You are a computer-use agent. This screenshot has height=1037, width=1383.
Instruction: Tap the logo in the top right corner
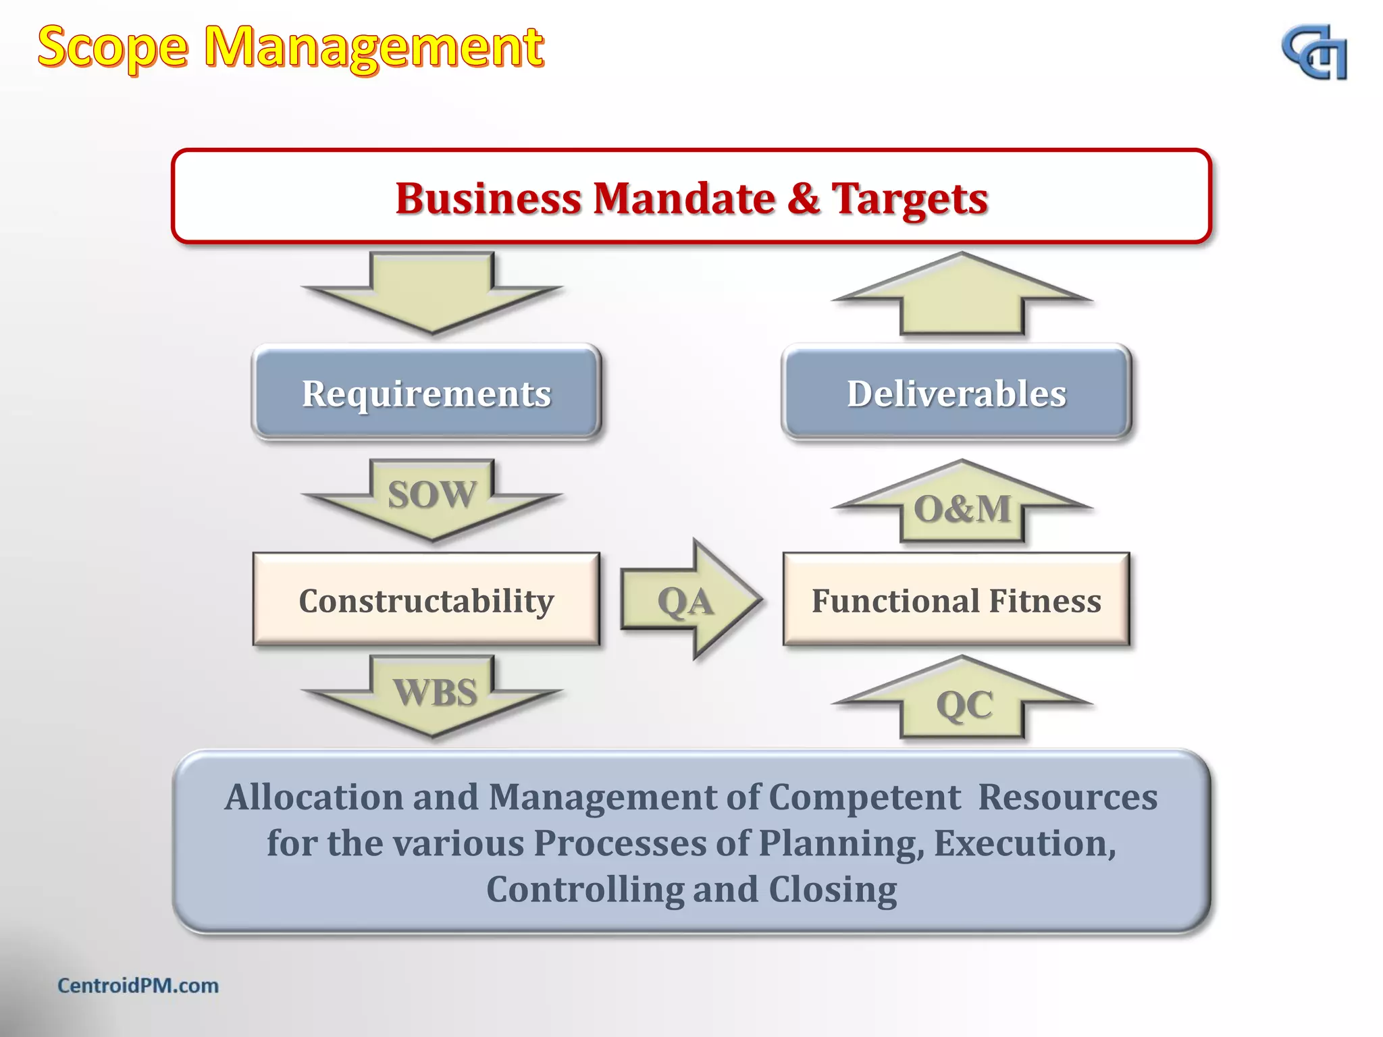pos(1313,53)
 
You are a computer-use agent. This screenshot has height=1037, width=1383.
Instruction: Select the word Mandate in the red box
pos(684,198)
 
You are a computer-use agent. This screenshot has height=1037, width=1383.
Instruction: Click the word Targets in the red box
pos(909,198)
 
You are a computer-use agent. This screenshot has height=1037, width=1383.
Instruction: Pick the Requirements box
pos(426,393)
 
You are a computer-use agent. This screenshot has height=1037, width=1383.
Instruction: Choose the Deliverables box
pos(956,393)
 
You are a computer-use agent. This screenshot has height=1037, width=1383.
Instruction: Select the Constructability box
pos(426,600)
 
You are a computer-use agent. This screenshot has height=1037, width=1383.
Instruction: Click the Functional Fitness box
pos(956,600)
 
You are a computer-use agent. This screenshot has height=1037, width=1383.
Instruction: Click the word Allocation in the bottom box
pos(313,797)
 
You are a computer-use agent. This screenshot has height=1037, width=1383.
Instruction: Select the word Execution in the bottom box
pos(1024,843)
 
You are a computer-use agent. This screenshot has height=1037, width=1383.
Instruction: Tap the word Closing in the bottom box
pos(833,889)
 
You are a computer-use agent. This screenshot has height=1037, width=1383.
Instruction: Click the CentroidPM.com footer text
pos(138,986)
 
